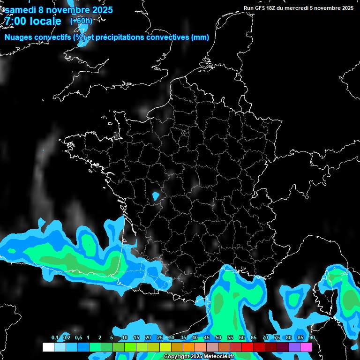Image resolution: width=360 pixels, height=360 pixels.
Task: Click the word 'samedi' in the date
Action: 20,10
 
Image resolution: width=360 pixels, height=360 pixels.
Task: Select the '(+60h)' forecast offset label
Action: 81,21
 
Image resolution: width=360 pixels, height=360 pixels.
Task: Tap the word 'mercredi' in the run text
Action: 297,8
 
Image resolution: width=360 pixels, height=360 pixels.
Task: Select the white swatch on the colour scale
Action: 48,347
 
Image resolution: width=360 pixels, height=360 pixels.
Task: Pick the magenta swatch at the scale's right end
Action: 306,347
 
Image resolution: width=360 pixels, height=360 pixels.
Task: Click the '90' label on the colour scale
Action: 312,338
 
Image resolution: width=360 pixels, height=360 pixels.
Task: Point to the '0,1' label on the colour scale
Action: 55,338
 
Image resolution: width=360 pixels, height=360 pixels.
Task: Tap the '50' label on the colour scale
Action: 218,338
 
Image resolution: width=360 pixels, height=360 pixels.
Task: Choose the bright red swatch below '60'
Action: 247,347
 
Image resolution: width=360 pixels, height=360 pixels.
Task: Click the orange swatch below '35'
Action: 189,347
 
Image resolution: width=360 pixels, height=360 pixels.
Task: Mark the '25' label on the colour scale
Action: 160,338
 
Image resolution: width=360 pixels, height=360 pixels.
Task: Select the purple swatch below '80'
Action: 294,347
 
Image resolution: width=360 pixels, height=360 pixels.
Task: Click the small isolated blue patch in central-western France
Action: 156,195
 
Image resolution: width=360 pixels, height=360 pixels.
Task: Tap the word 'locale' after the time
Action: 45,21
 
